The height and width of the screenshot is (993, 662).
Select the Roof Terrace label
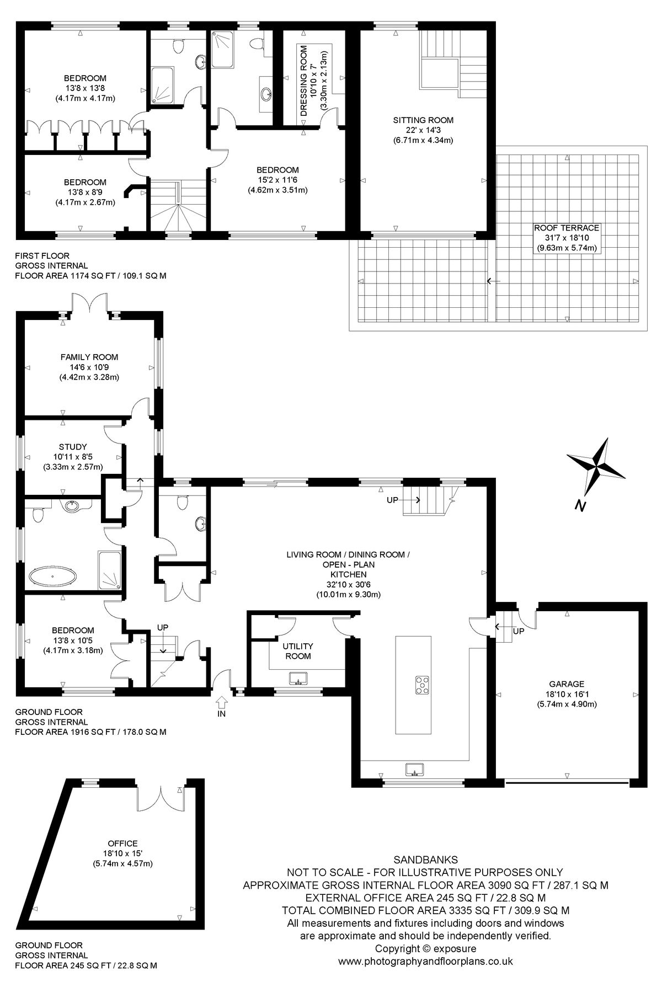pyautogui.click(x=567, y=227)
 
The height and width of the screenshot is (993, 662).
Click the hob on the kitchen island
pyautogui.click(x=423, y=685)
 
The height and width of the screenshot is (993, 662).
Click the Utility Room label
pyautogui.click(x=298, y=651)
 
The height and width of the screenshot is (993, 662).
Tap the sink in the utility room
pyautogui.click(x=298, y=678)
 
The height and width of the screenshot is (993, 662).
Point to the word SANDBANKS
pyautogui.click(x=425, y=859)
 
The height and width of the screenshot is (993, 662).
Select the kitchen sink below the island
pyautogui.click(x=414, y=768)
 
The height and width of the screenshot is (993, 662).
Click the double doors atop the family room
pyautogui.click(x=88, y=303)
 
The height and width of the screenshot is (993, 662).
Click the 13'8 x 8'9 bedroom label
pyautogui.click(x=85, y=192)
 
